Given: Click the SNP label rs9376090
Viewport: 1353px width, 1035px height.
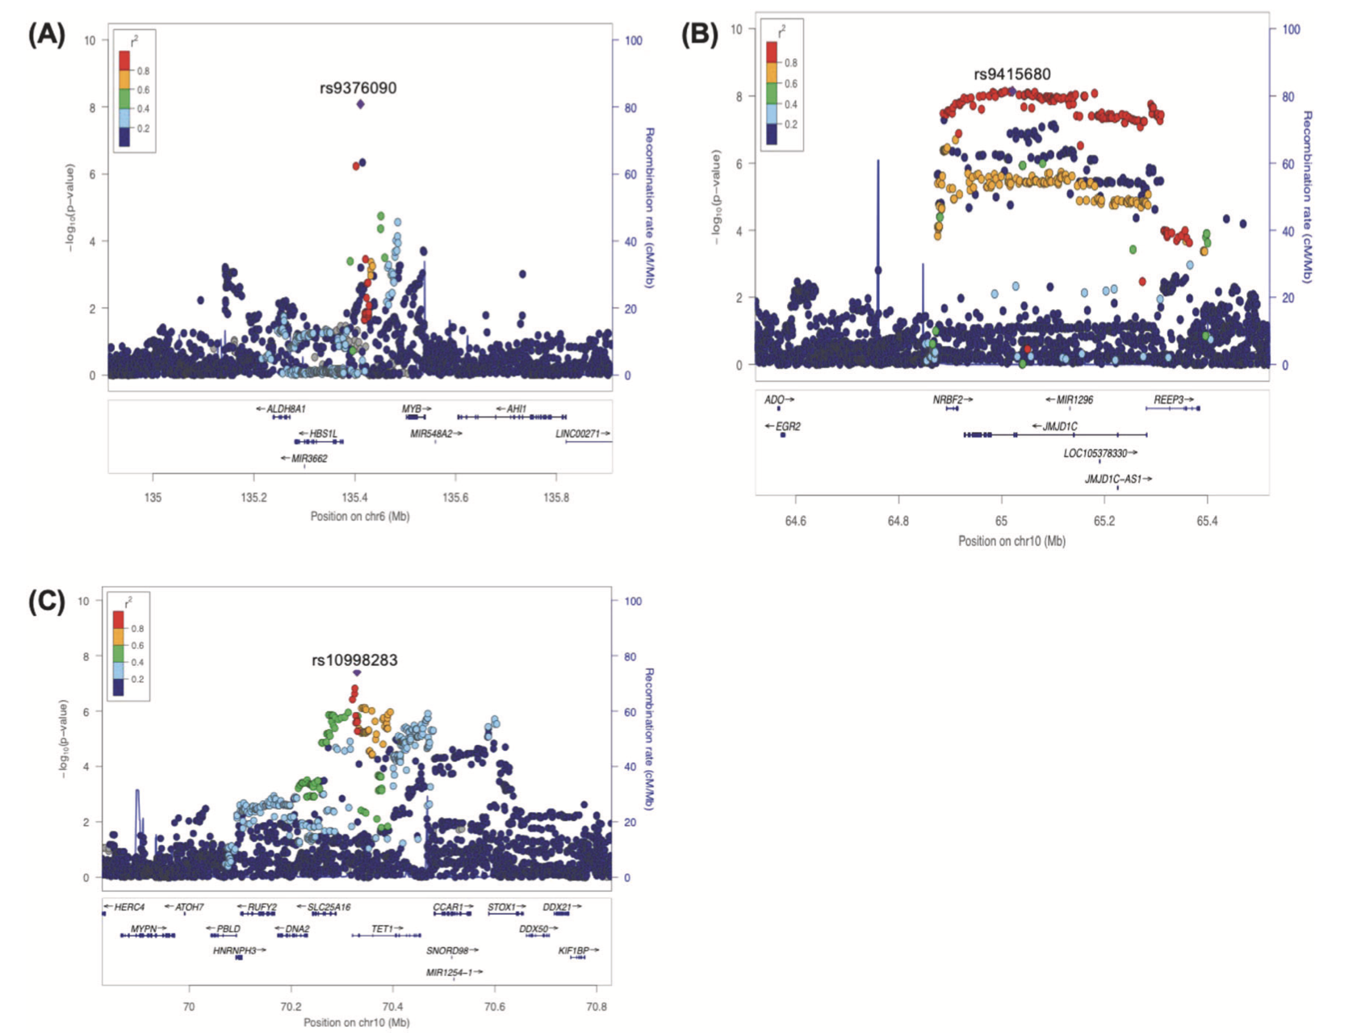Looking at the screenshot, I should (x=358, y=88).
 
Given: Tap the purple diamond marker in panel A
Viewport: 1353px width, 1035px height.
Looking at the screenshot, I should (x=360, y=104).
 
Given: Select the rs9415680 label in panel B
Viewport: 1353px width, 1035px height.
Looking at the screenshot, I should (x=1012, y=74).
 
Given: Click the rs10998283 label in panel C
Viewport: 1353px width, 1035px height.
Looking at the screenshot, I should (x=354, y=660).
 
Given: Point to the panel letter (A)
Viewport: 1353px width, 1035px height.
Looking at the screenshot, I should (x=46, y=36).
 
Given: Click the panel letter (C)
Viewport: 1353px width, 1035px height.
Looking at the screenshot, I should (x=46, y=601).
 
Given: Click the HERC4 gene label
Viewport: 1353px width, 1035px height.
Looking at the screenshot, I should (x=128, y=907).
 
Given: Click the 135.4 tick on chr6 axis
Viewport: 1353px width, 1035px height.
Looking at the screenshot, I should (x=354, y=497).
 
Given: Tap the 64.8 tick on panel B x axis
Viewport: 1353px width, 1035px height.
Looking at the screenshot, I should (x=898, y=522).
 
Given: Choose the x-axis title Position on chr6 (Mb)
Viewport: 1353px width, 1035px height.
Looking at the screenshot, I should (x=359, y=517).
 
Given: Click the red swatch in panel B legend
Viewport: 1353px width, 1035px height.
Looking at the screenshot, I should (x=772, y=52).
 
